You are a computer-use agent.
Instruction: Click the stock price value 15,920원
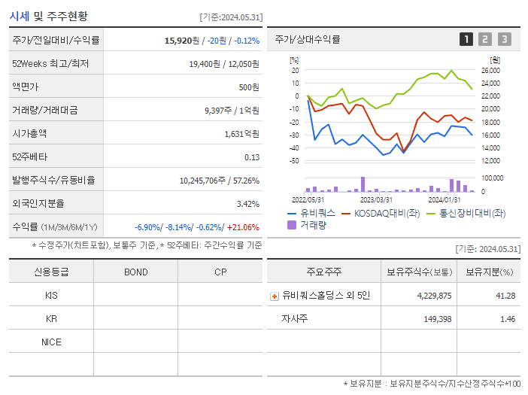(x=182, y=40)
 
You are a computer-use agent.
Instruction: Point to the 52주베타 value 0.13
(x=252, y=157)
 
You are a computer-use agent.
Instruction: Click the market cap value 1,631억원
(x=241, y=134)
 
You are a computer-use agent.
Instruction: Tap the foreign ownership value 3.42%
(x=247, y=204)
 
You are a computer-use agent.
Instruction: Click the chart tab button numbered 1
(x=466, y=39)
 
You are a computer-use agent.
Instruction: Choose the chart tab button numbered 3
(x=504, y=39)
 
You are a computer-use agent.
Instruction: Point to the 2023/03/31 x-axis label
(x=376, y=199)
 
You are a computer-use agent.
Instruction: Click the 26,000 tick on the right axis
(x=490, y=71)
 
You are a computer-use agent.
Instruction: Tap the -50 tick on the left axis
(x=294, y=161)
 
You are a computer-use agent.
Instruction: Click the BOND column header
(x=135, y=272)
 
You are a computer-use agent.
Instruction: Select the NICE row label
(x=51, y=342)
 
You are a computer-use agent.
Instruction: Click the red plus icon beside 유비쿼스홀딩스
(x=274, y=296)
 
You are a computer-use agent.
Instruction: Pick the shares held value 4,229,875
(x=434, y=296)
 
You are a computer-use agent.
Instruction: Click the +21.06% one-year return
(x=243, y=227)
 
